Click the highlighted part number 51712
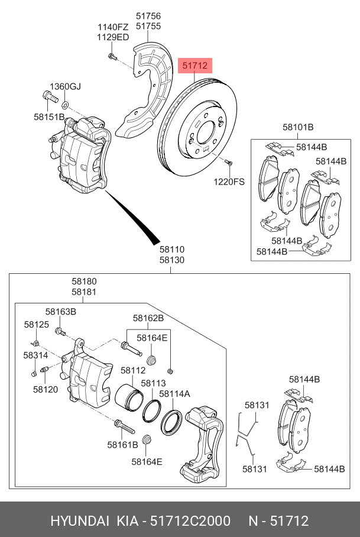(x=195, y=66)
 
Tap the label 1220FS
(x=229, y=182)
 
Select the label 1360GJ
(x=64, y=87)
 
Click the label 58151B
(x=48, y=117)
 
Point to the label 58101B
(x=298, y=127)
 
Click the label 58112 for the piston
(x=133, y=370)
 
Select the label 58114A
(x=174, y=393)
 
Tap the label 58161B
(x=122, y=444)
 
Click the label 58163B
(x=61, y=312)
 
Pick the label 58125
(x=36, y=325)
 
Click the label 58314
(x=35, y=355)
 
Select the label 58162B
(x=148, y=318)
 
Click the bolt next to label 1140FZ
(x=112, y=56)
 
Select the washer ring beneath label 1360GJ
(x=65, y=105)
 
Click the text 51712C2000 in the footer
(x=190, y=521)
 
